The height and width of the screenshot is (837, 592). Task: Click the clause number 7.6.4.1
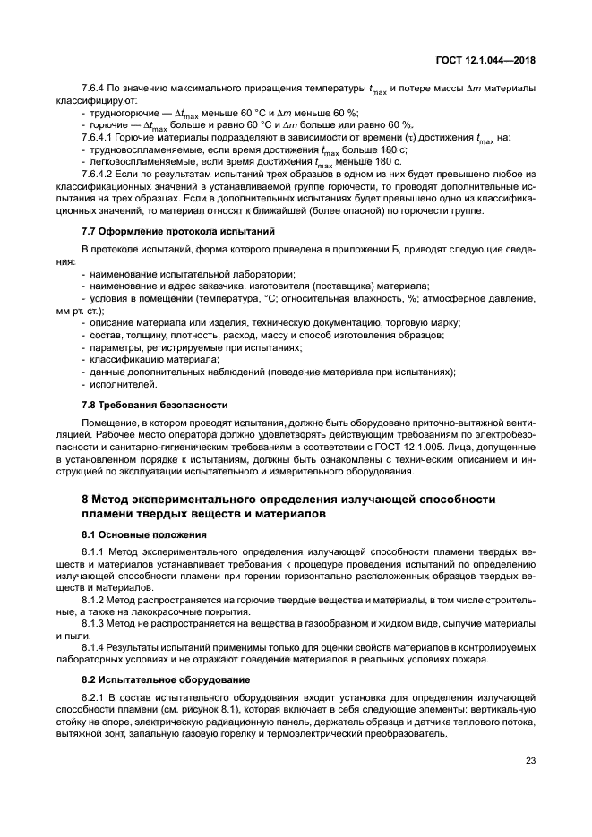(97, 137)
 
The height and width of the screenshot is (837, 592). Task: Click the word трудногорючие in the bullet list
(120, 112)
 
